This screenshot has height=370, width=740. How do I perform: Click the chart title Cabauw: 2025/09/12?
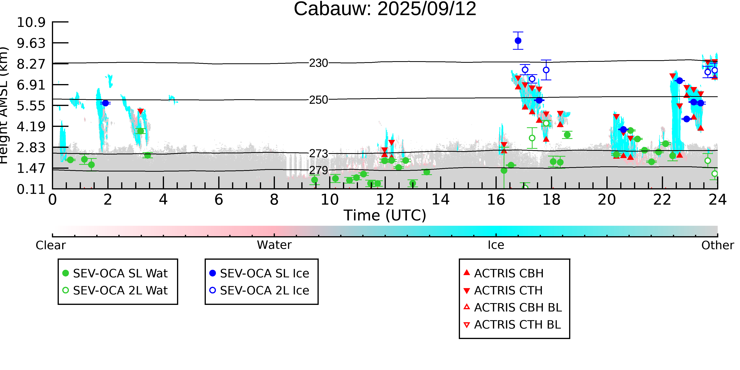pyautogui.click(x=385, y=9)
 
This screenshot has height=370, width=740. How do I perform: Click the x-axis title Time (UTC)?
pyautogui.click(x=385, y=215)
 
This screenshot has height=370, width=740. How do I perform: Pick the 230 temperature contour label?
pyautogui.click(x=318, y=63)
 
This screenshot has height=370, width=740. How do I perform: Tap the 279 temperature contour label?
pyautogui.click(x=318, y=170)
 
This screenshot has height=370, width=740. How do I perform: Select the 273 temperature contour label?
pyautogui.click(x=318, y=154)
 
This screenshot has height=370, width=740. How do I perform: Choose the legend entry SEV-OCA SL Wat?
pyautogui.click(x=115, y=273)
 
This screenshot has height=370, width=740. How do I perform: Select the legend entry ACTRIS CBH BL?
pyautogui.click(x=513, y=307)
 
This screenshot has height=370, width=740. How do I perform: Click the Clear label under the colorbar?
pyautogui.click(x=51, y=245)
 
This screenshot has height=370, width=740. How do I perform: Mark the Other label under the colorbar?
pyautogui.click(x=718, y=245)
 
